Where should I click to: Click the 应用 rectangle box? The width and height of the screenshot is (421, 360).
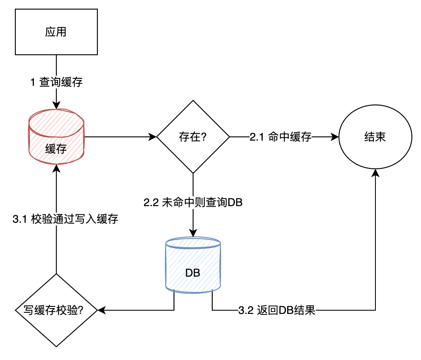tap(56, 33)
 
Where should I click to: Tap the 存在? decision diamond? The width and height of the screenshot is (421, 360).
tap(193, 136)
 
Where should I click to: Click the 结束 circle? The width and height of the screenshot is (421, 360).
tap(375, 136)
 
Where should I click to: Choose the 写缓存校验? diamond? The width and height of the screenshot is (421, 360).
tap(56, 310)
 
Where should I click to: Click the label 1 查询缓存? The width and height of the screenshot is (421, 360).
tap(56, 82)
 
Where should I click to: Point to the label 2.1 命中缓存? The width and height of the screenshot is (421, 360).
tap(280, 136)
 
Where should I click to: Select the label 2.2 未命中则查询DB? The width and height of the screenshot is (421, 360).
tap(193, 203)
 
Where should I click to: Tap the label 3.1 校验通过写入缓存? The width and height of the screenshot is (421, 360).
tap(65, 219)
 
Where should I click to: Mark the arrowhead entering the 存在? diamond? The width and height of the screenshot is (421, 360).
tap(153, 136)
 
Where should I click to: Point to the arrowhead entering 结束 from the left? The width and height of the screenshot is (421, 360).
tap(335, 136)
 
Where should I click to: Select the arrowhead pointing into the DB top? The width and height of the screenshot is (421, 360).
tap(193, 234)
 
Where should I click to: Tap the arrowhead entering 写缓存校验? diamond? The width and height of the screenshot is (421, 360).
tap(101, 310)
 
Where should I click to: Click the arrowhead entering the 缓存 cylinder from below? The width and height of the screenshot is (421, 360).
tap(56, 167)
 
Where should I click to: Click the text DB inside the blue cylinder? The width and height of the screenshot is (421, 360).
tap(193, 273)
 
